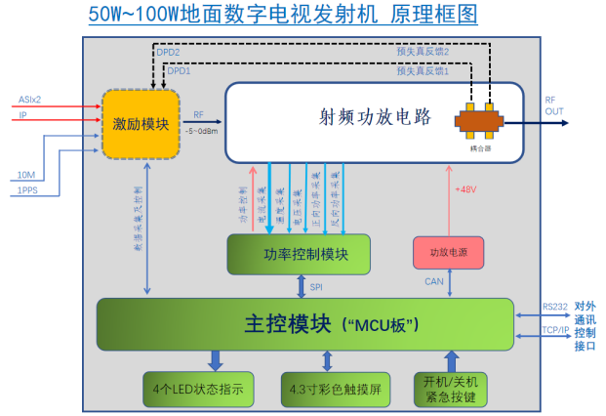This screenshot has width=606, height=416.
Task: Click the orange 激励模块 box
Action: click(x=141, y=124)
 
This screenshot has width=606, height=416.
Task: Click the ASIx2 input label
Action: click(x=29, y=100)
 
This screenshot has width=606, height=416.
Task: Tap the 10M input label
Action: click(x=26, y=175)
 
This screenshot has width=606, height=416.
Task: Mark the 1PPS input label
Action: click(x=28, y=190)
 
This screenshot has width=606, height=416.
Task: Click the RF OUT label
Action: click(x=553, y=105)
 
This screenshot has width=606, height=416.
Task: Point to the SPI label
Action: click(x=316, y=287)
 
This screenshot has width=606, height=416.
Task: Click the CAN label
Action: click(x=434, y=282)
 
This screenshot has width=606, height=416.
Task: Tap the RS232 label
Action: click(x=555, y=307)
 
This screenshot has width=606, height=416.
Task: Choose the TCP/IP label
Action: click(x=555, y=330)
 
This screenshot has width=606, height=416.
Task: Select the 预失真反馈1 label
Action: click(x=422, y=71)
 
